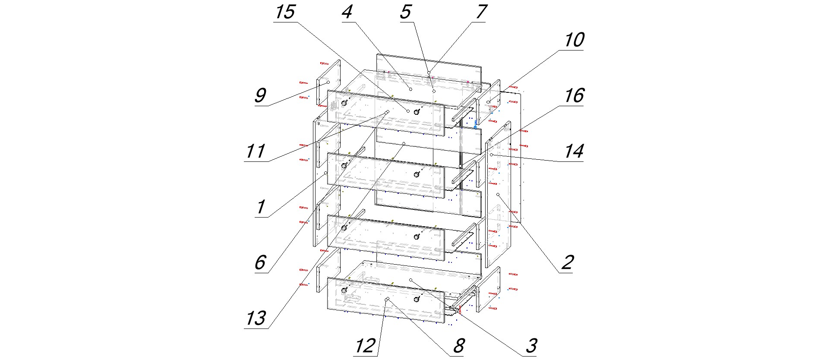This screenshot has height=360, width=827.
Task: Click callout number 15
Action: click(285, 12)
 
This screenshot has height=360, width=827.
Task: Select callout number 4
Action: click(347, 12)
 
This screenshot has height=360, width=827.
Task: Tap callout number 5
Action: click(405, 12)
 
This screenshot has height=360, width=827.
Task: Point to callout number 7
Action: click(481, 12)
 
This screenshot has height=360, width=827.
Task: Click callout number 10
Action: click(574, 40)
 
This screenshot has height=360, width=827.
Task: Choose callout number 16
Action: click(574, 96)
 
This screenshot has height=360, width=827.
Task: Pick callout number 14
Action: click(574, 152)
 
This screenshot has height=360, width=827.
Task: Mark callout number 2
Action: click(567, 262)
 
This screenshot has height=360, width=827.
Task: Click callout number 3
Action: click(531, 346)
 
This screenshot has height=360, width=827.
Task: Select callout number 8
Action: click(458, 346)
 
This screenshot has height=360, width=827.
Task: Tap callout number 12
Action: click(365, 346)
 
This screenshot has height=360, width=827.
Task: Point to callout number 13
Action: click(256, 319)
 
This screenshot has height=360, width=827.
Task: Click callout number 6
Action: click(260, 262)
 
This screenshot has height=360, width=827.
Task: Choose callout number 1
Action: click(260, 207)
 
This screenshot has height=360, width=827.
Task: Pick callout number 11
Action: click(255, 152)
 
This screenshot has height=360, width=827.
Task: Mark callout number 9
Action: click(260, 96)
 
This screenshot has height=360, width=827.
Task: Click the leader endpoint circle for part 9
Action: click(328, 82)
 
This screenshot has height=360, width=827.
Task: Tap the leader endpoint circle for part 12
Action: click(388, 299)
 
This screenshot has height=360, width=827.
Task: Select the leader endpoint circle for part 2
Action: click(498, 195)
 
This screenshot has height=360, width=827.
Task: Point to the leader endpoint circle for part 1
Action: click(325, 173)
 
